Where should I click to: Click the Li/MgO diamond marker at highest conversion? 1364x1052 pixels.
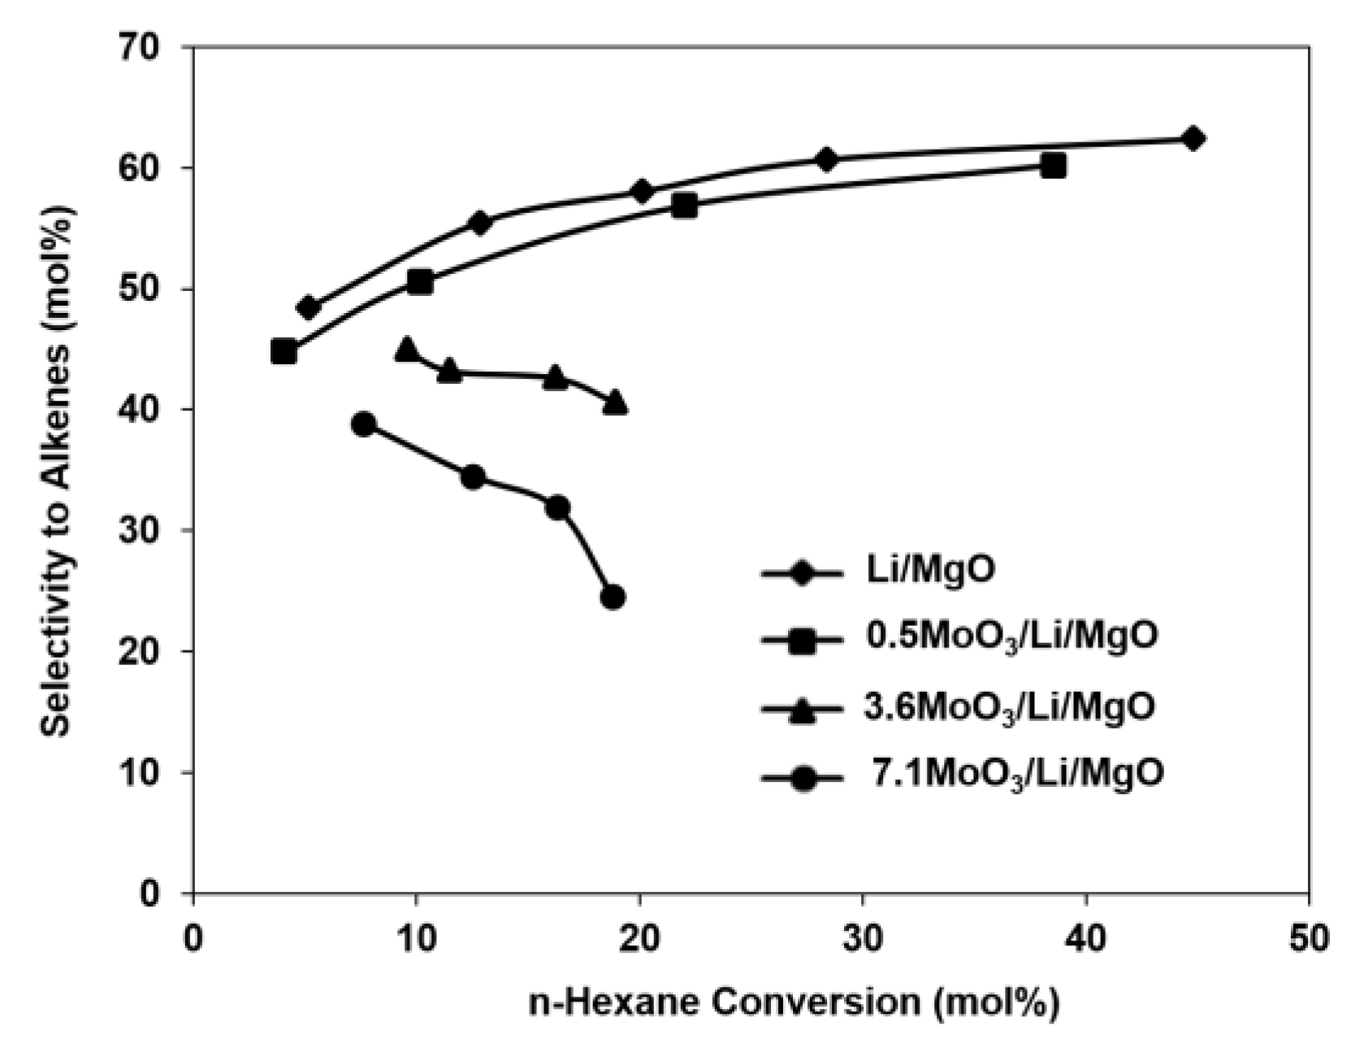[1193, 138]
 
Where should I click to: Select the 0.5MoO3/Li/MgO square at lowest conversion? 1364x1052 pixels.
[283, 352]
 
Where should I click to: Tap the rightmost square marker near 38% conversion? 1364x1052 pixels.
[1053, 167]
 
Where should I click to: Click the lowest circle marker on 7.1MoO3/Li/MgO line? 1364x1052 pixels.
[613, 597]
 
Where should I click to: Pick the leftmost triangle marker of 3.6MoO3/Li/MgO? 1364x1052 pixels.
[406, 350]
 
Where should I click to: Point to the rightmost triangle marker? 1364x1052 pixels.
[615, 402]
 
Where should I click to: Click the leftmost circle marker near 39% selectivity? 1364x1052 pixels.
[364, 424]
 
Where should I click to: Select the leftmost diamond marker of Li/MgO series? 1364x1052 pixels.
[308, 308]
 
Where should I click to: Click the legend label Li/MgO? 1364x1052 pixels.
[929, 569]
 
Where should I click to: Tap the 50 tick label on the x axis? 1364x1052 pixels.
[1308, 939]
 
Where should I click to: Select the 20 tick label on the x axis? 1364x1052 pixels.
[639, 939]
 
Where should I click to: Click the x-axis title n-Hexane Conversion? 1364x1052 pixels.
[794, 1002]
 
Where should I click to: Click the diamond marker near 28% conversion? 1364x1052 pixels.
[826, 159]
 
